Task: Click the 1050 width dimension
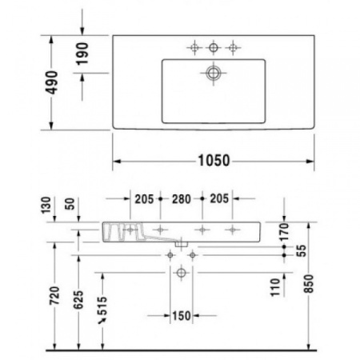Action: point(214,160)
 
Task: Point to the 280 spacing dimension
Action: point(182,199)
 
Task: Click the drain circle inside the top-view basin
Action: point(214,73)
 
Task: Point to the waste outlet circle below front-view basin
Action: point(182,274)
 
